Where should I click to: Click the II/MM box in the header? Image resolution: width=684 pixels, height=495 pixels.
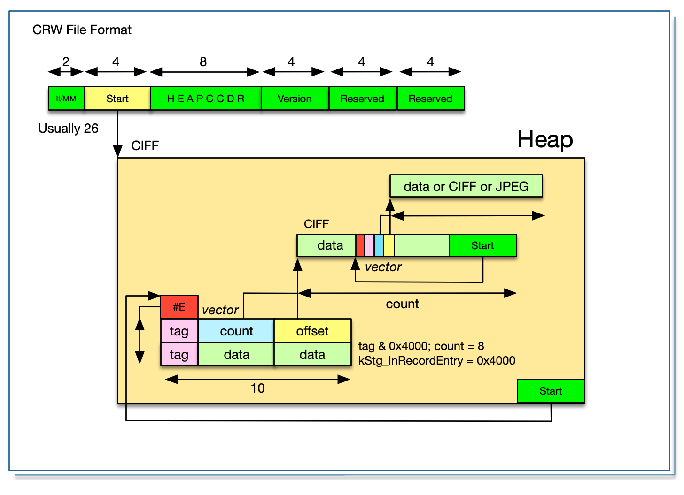coord(66,99)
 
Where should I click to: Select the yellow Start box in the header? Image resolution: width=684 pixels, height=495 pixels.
coord(117,99)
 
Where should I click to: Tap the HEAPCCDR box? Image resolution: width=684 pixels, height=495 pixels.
coord(206,99)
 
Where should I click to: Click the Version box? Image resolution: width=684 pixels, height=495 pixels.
coord(295,99)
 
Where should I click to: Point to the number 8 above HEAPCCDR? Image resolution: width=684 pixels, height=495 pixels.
coord(203,62)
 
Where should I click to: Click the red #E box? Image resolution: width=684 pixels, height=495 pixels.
coord(179,307)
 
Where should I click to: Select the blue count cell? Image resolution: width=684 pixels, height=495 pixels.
coord(236,331)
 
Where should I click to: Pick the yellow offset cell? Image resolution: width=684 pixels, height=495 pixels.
coord(312,331)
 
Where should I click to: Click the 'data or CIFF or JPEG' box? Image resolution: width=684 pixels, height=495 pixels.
coord(466,186)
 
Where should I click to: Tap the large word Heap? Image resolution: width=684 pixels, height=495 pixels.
coord(545,139)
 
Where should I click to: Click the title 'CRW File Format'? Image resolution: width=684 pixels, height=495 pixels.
coord(82,30)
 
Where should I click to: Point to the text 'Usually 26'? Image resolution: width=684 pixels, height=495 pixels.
coord(68,129)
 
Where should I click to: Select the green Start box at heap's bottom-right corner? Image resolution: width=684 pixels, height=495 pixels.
coord(551,391)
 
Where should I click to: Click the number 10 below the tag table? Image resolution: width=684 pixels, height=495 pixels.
coord(257,388)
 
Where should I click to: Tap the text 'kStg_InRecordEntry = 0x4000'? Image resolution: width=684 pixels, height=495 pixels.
coord(436,361)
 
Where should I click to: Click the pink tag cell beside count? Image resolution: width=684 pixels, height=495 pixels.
coord(179,331)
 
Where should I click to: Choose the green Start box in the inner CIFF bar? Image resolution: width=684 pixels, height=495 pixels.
coord(482,245)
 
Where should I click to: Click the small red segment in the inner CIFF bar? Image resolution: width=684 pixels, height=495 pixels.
coord(360,245)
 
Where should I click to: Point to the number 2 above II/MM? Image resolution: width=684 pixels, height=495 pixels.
coord(66,62)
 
